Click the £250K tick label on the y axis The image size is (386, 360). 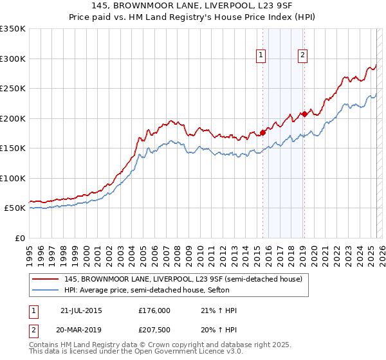coord(13,88)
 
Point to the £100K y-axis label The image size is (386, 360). coord(13,178)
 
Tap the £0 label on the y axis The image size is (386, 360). coord(19,238)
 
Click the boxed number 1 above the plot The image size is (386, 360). coord(261,56)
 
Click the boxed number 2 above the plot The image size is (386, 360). coord(302,56)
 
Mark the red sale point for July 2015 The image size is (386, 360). coord(262,132)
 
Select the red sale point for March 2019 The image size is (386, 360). coord(304,114)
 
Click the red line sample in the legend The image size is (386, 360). coord(46,279)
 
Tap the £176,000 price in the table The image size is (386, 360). coord(154,310)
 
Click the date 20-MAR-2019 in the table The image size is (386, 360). coord(81,330)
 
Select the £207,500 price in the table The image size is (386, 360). coord(154,330)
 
